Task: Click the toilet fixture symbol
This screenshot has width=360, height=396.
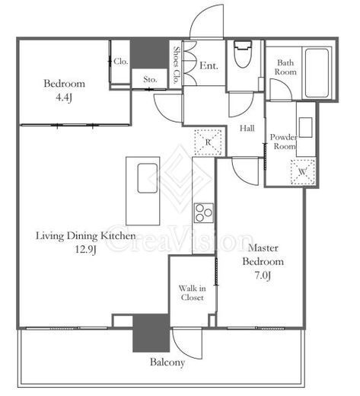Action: (x=243, y=54)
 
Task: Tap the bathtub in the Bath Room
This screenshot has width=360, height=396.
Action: (x=317, y=73)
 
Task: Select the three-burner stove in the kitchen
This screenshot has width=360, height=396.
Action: (x=203, y=213)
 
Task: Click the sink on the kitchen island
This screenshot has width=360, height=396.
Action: (x=148, y=178)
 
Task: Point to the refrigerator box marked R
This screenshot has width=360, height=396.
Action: (x=208, y=142)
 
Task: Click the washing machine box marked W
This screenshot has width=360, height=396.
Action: (x=303, y=172)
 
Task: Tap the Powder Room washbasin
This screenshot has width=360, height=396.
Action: (x=305, y=127)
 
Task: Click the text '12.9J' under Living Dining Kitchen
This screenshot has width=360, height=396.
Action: (x=86, y=250)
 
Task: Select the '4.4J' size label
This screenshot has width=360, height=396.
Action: (x=64, y=97)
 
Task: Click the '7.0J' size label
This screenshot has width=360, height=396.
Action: (x=263, y=276)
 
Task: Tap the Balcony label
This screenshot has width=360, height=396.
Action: (x=167, y=362)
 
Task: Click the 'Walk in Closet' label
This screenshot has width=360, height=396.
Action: (x=192, y=292)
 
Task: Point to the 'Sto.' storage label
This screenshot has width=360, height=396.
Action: (x=150, y=79)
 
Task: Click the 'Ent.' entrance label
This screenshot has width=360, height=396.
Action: (x=209, y=65)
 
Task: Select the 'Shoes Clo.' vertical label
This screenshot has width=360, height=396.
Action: (x=176, y=65)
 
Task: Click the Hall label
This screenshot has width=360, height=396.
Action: (x=247, y=128)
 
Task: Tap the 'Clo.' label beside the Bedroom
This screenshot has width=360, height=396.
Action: (x=121, y=61)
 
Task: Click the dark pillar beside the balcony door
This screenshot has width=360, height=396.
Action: (x=151, y=333)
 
